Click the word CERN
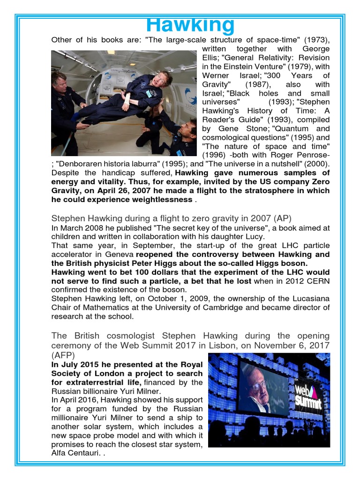point(319,281)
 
